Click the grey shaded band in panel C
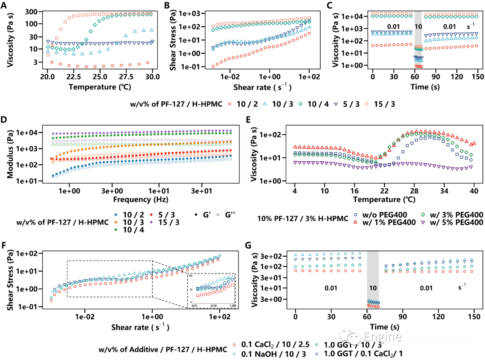coord(419,38)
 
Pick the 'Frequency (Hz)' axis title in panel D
coord(137,199)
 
